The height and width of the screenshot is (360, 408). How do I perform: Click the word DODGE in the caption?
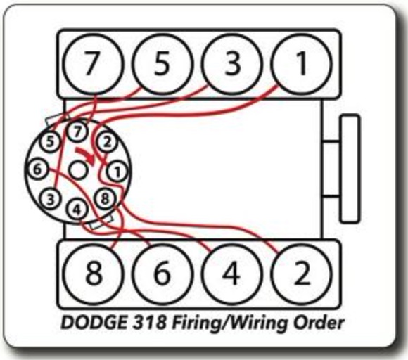coord(94,323)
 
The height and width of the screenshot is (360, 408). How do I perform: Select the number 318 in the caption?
coord(150,323)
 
